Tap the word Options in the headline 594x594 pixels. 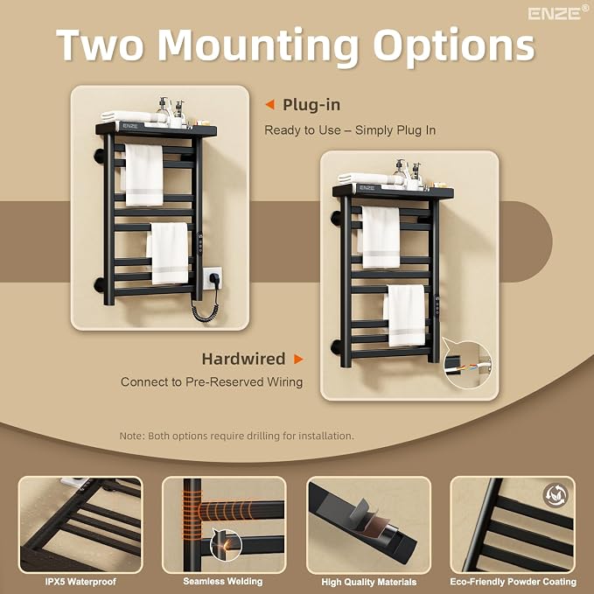(454, 46)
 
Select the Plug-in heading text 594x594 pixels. (311, 105)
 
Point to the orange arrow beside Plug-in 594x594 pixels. (269, 105)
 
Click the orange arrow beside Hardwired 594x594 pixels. (298, 359)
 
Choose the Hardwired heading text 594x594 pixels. (243, 359)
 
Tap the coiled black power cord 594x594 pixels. (205, 307)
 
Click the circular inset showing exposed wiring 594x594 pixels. (467, 363)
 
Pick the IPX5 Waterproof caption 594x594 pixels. (80, 582)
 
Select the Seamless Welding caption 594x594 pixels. (223, 581)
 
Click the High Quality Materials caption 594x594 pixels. (368, 582)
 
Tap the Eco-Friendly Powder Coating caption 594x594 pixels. (513, 582)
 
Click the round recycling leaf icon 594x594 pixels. (556, 495)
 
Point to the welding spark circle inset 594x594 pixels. (226, 545)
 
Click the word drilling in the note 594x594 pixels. (264, 436)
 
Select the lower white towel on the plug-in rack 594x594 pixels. (168, 253)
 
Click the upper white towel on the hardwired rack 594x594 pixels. (380, 238)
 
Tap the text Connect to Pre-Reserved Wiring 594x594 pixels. (212, 381)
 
